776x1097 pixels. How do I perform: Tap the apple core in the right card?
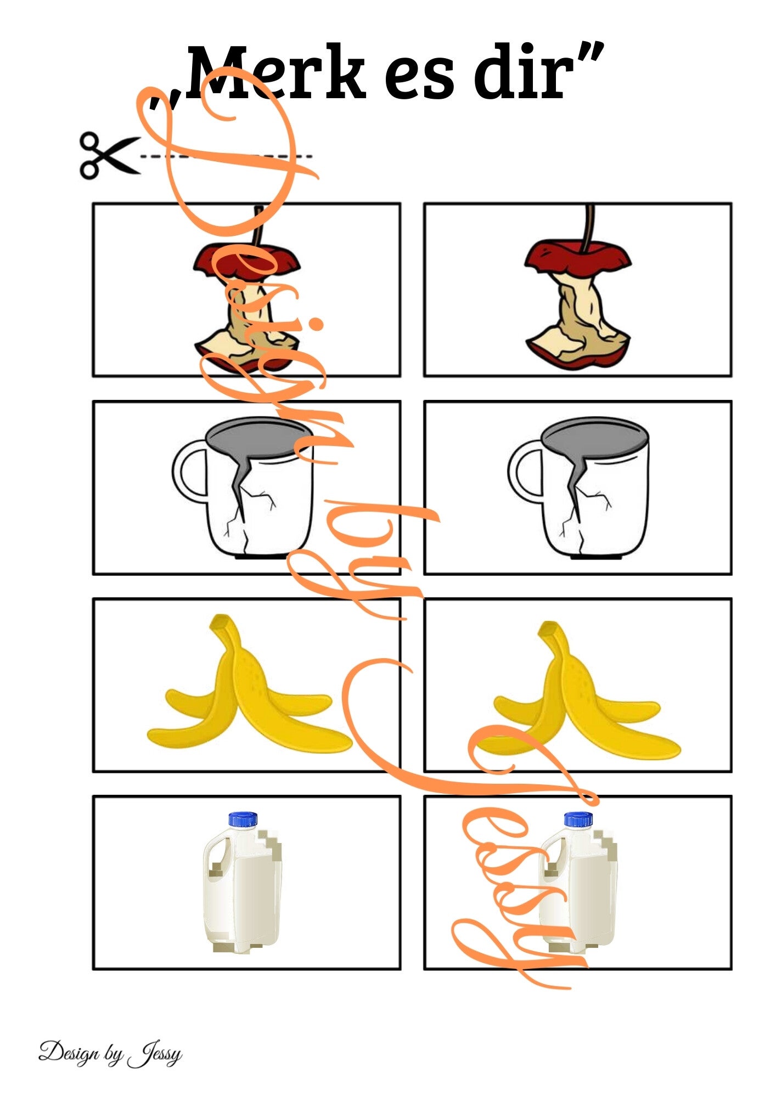pyautogui.click(x=577, y=288)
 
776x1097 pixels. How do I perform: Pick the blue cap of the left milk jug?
pyautogui.click(x=243, y=819)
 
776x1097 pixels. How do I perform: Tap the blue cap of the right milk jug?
pyautogui.click(x=578, y=819)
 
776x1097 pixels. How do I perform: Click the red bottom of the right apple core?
pyautogui.click(x=576, y=354)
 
